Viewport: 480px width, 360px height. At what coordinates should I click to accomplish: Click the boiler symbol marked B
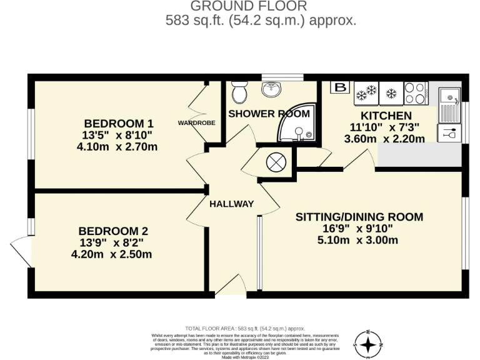point(341,88)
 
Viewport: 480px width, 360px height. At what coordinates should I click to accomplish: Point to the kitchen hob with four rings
point(415,93)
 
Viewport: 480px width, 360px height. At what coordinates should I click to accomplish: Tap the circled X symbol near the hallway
point(276,163)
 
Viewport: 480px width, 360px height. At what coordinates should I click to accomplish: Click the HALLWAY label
point(232,204)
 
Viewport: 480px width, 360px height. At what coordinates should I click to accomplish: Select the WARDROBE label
point(197,123)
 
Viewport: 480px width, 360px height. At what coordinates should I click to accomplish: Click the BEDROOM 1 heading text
point(119,123)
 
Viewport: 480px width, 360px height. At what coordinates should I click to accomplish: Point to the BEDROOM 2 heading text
point(114,231)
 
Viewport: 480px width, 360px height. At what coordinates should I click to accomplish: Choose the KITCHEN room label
point(386,116)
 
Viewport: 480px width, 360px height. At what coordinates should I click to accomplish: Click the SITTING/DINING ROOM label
point(359,217)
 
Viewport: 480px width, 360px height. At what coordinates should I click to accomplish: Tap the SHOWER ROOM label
point(269,114)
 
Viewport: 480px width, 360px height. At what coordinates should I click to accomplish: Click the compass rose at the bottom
point(369,343)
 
